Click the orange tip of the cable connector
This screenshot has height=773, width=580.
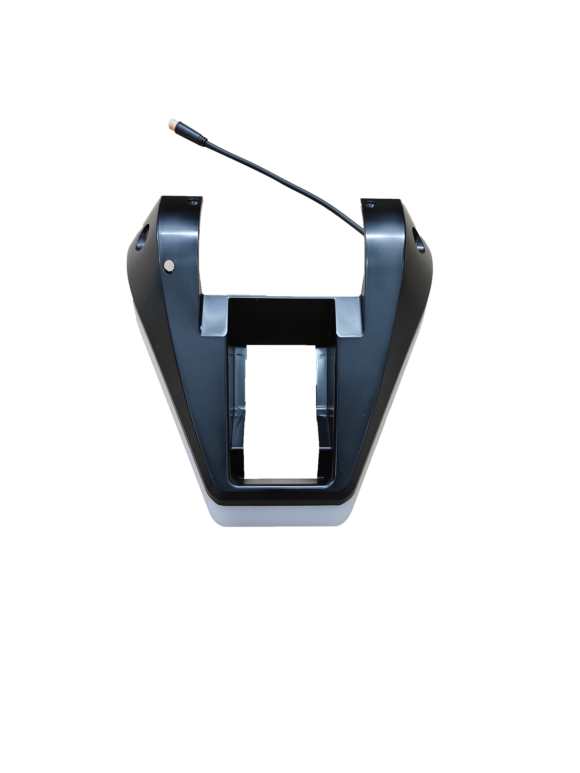tap(171, 124)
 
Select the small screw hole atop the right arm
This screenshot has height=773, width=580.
tap(369, 204)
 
